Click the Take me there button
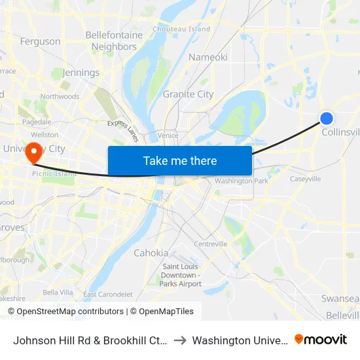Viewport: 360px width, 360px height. click(x=180, y=160)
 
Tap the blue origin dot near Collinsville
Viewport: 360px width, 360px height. click(x=327, y=118)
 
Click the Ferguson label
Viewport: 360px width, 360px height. click(x=40, y=41)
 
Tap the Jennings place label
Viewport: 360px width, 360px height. click(x=81, y=73)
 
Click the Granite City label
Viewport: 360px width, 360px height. click(x=188, y=94)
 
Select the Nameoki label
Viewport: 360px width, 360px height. click(x=208, y=57)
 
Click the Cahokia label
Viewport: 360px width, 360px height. click(x=151, y=253)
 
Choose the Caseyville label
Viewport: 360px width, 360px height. click(x=305, y=179)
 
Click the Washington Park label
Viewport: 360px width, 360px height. click(x=242, y=181)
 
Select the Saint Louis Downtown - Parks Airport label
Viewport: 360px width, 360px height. click(x=182, y=275)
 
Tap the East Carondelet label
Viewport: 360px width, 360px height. click(x=108, y=295)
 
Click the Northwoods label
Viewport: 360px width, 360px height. click(x=60, y=97)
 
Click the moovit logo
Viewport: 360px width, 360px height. click(x=321, y=340)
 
